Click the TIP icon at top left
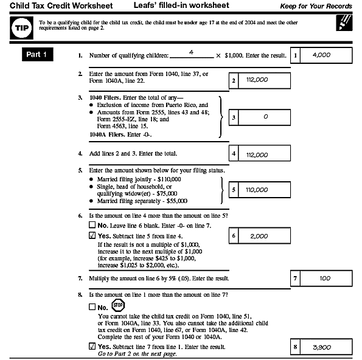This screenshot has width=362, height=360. pyautogui.click(x=20, y=28)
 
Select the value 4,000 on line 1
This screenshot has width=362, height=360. pyautogui.click(x=321, y=55)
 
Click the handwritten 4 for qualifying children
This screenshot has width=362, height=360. pyautogui.click(x=192, y=52)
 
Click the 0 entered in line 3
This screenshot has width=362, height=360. pyautogui.click(x=265, y=116)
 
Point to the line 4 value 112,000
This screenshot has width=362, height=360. pyautogui.click(x=258, y=154)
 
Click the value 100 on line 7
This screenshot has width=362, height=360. pyautogui.click(x=325, y=278)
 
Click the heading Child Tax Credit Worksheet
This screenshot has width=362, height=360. pyautogui.click(x=53, y=6)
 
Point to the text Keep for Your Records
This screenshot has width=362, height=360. pyautogui.click(x=316, y=7)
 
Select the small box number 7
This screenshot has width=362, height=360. pyautogui.click(x=295, y=278)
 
